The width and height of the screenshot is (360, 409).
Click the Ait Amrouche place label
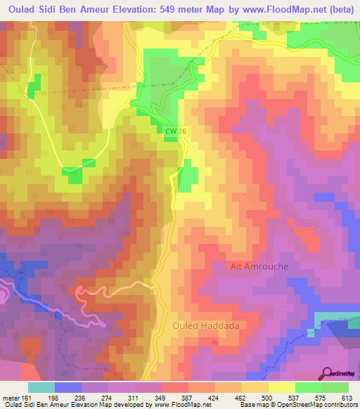pyautogui.click(x=259, y=267)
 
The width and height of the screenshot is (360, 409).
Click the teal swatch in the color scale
pyautogui.click(x=41, y=387)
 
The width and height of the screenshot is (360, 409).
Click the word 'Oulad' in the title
pyautogui.click(x=20, y=10)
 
